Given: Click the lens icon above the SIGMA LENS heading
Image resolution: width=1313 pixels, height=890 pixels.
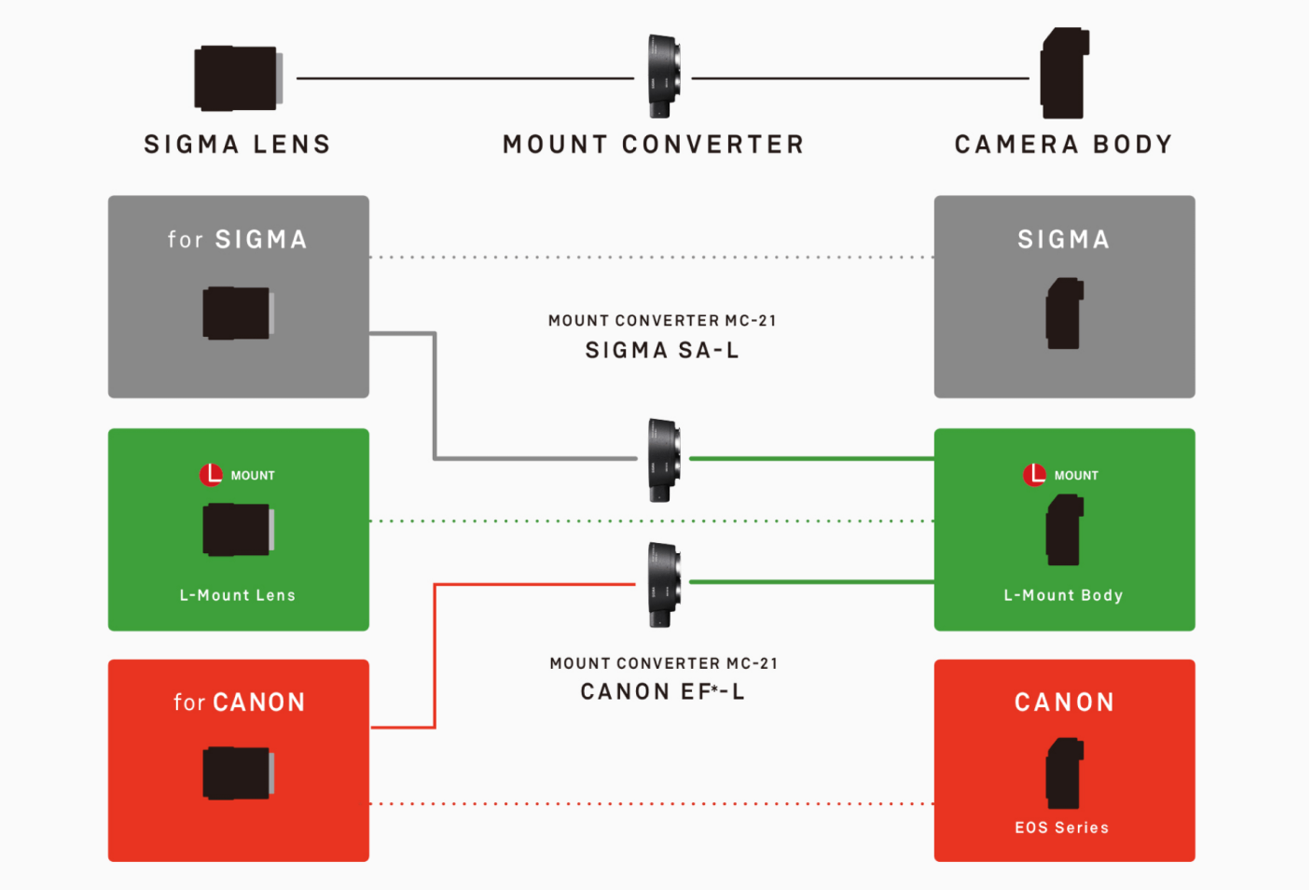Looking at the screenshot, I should pyautogui.click(x=238, y=78).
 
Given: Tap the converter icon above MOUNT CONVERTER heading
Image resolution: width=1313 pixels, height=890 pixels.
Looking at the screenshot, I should pyautogui.click(x=663, y=76).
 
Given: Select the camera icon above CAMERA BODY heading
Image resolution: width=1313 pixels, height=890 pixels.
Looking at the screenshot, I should pyautogui.click(x=1065, y=74).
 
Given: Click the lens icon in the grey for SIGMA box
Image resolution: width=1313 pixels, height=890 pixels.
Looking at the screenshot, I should pyautogui.click(x=238, y=313).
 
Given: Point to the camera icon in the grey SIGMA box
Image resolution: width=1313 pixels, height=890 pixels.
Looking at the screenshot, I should pyautogui.click(x=1064, y=313).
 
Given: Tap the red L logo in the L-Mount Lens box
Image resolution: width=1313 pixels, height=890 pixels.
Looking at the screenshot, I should pyautogui.click(x=212, y=475).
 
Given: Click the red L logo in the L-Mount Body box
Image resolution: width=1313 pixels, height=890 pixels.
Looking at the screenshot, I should pyautogui.click(x=1035, y=475).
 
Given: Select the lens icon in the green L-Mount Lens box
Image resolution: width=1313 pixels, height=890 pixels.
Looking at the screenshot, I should pyautogui.click(x=238, y=530).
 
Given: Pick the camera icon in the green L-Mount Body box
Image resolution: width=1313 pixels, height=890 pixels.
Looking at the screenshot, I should pyautogui.click(x=1064, y=530).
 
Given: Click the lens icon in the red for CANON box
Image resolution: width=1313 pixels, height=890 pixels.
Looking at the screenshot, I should pyautogui.click(x=238, y=773).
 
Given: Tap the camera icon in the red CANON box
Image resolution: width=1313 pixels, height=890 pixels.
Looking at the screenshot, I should pyautogui.click(x=1064, y=773).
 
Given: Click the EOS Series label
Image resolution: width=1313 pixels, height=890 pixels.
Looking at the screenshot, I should pyautogui.click(x=1062, y=827).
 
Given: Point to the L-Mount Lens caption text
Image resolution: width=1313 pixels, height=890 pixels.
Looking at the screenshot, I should pyautogui.click(x=238, y=595).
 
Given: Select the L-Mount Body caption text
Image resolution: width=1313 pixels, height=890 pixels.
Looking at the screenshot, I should pyautogui.click(x=1063, y=595).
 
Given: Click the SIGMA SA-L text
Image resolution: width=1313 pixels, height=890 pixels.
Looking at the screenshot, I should pyautogui.click(x=662, y=351).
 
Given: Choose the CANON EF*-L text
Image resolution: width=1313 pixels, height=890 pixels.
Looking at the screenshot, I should pyautogui.click(x=662, y=692).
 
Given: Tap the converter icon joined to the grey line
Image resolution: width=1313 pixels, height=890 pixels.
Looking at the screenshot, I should pyautogui.click(x=663, y=460).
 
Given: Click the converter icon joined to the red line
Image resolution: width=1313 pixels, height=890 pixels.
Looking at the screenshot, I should pyautogui.click(x=663, y=585).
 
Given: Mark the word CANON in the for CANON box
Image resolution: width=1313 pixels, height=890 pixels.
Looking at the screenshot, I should pyautogui.click(x=258, y=702).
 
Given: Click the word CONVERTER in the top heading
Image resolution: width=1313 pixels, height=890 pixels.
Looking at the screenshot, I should pyautogui.click(x=712, y=145).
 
